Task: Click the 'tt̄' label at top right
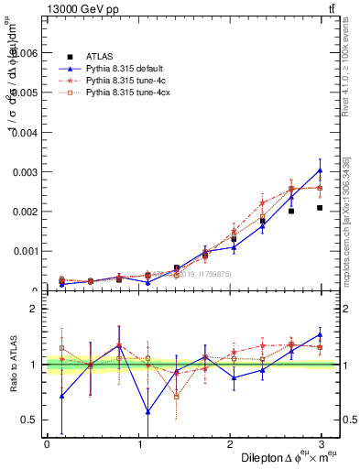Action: pos(332,10)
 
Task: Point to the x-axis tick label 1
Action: pos(140,443)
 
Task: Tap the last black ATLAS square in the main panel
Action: pos(320,208)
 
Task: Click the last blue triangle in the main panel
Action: pos(320,170)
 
